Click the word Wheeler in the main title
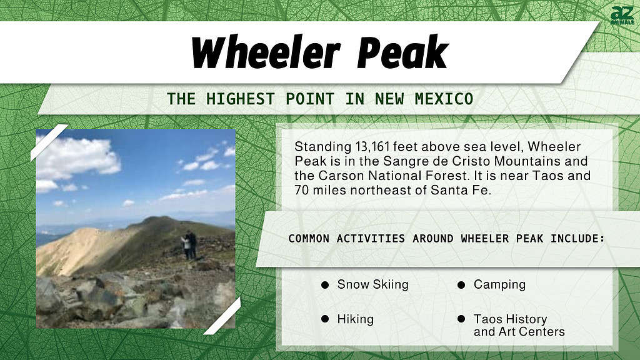point(265,52)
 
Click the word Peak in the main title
point(402,52)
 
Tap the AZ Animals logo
point(622,16)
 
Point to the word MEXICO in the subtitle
point(444,99)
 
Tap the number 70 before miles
point(301,190)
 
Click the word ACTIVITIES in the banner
point(371,238)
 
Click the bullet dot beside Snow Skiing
point(325,285)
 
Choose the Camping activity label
point(499,285)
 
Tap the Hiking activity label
point(356,319)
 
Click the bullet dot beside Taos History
point(461,319)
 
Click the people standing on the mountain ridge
point(189,245)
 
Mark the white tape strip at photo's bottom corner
point(222,316)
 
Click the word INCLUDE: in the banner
point(577,238)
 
